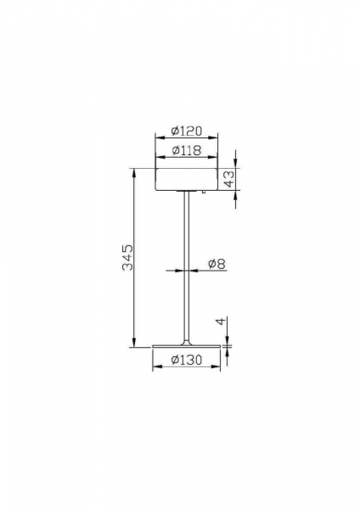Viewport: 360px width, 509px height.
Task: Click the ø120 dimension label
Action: pyautogui.click(x=187, y=131)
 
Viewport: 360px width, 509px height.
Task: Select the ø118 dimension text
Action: pyautogui.click(x=187, y=150)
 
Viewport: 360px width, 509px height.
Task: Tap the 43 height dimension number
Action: pyautogui.click(x=229, y=179)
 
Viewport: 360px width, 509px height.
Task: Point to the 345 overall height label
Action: pyautogui.click(x=127, y=257)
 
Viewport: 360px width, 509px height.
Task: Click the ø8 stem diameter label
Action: pyautogui.click(x=217, y=264)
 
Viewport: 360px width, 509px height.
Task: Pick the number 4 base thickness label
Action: pyautogui.click(x=220, y=322)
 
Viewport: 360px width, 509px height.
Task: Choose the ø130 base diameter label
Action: pyautogui.click(x=187, y=360)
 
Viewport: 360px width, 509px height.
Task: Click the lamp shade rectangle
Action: pyautogui.click(x=187, y=179)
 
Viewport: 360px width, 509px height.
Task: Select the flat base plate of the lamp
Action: pyautogui.click(x=187, y=346)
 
